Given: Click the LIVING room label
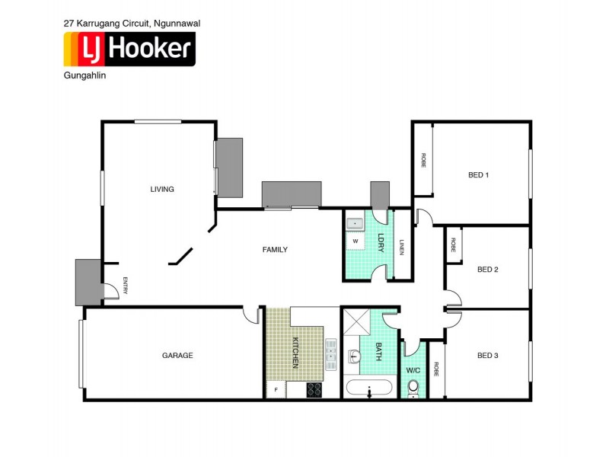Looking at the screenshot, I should [162, 190].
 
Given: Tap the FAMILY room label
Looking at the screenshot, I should [275, 250].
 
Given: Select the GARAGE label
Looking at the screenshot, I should [177, 356].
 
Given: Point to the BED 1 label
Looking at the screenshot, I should [478, 175].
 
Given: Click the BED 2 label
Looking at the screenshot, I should [487, 270].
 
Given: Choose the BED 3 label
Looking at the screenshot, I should [487, 356].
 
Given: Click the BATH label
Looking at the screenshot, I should [378, 353].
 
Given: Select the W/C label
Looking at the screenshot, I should [413, 371].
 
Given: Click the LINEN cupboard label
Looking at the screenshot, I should [402, 248].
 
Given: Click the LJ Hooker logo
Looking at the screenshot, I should [129, 50].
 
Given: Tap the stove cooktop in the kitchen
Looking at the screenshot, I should [314, 389].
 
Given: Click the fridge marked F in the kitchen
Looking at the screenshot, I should [276, 390].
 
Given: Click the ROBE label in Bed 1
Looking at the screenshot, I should [423, 161].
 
